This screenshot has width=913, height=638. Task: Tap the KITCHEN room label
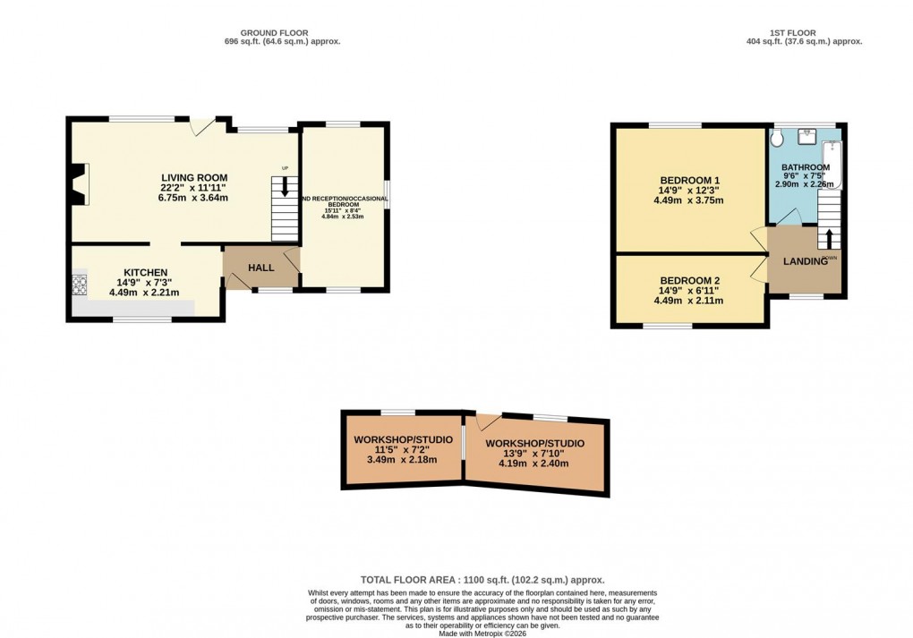click(x=145, y=272)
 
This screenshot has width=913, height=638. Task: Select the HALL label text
click(x=261, y=268)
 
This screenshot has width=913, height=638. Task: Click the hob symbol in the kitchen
click(x=79, y=285)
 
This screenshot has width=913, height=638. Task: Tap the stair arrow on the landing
click(x=829, y=239)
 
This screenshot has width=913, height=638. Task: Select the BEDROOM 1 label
click(x=688, y=180)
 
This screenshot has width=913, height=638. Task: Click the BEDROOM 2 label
click(x=688, y=280)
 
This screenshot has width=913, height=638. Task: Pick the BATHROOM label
click(x=805, y=167)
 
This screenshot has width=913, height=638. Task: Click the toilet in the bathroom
click(x=777, y=137)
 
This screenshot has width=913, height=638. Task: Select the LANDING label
click(x=805, y=261)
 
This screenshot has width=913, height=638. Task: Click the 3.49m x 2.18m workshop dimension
click(x=402, y=460)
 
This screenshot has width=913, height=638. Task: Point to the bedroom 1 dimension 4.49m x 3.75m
click(x=688, y=200)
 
